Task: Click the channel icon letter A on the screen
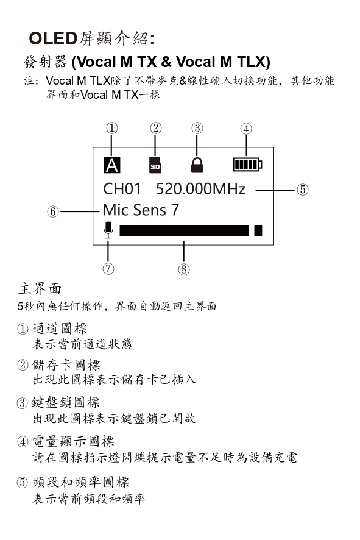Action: pyautogui.click(x=112, y=165)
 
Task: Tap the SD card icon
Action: pyautogui.click(x=155, y=165)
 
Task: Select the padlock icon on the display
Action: pyautogui.click(x=197, y=165)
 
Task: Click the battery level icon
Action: pyautogui.click(x=247, y=165)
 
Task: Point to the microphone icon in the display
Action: pyautogui.click(x=108, y=230)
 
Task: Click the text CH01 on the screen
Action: pyautogui.click(x=122, y=189)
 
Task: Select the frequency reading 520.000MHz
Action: pyautogui.click(x=200, y=189)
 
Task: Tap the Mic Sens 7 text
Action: pyautogui.click(x=141, y=210)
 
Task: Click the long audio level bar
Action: pyautogui.click(x=184, y=230)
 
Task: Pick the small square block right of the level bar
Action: pyautogui.click(x=258, y=230)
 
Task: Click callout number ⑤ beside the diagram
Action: pyautogui.click(x=302, y=190)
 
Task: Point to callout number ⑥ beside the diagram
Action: pyautogui.click(x=53, y=211)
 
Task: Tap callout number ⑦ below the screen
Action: pyautogui.click(x=108, y=268)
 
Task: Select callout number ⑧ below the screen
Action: pyautogui.click(x=184, y=269)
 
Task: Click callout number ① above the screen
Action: pyautogui.click(x=112, y=128)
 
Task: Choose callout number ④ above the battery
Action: pyautogui.click(x=245, y=129)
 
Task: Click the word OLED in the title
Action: pyautogui.click(x=53, y=38)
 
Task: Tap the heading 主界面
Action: pyautogui.click(x=40, y=288)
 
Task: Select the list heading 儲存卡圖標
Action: pyautogui.click(x=66, y=364)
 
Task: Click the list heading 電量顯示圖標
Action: pyautogui.click(x=73, y=441)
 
